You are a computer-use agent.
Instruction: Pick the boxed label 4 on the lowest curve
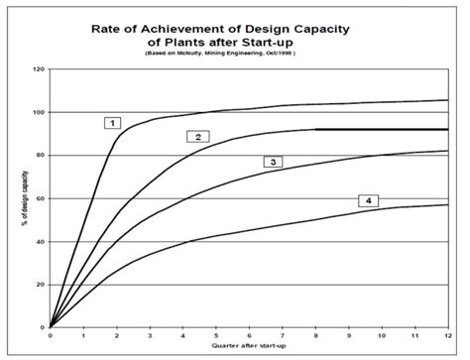point(369,201)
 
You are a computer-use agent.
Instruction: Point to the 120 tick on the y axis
point(40,69)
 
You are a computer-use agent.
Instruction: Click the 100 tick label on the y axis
point(40,112)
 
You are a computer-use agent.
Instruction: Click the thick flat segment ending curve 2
point(387,130)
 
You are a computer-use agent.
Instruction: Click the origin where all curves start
point(51,326)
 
